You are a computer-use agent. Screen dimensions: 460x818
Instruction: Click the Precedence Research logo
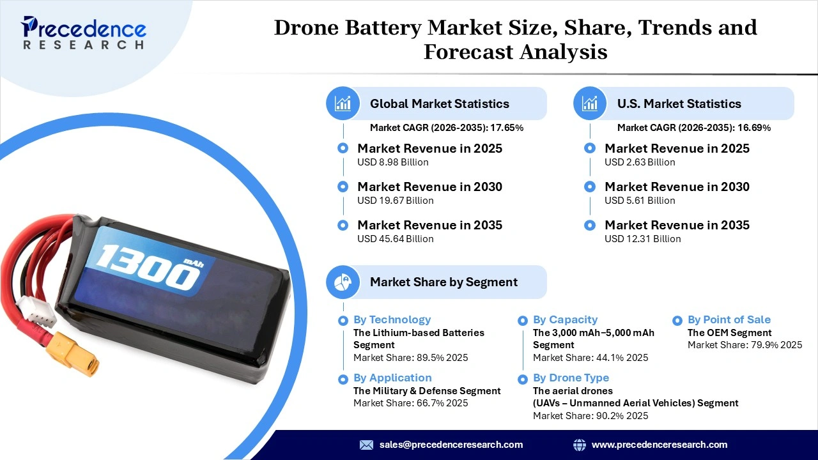click(x=84, y=33)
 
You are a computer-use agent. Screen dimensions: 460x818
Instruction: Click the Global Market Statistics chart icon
click(x=343, y=103)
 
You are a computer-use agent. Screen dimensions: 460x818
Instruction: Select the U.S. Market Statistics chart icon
click(x=590, y=103)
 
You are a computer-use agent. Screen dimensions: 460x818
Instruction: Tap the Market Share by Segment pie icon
click(x=343, y=282)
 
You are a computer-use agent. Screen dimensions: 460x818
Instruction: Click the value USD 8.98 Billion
click(x=393, y=162)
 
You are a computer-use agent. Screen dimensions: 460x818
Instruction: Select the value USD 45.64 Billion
click(x=396, y=239)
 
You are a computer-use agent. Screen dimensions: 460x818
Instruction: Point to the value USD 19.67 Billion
click(x=396, y=201)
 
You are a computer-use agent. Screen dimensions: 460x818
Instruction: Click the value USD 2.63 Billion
click(x=640, y=162)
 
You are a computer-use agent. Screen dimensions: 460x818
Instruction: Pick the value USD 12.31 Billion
click(x=643, y=239)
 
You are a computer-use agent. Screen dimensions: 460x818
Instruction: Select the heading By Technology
click(x=392, y=319)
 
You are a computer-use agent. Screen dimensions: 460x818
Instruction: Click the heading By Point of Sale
click(x=729, y=319)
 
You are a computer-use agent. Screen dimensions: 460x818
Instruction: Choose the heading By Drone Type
click(x=571, y=378)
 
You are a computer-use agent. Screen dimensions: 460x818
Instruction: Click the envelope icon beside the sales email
click(x=366, y=445)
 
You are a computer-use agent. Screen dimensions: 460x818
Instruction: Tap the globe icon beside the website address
click(x=580, y=445)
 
